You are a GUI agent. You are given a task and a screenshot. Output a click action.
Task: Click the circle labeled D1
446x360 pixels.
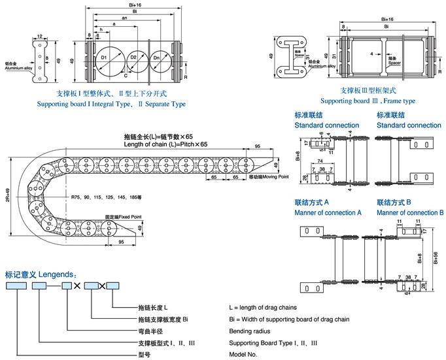(105, 59)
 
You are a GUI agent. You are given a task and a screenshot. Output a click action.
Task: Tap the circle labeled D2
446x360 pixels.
(133, 59)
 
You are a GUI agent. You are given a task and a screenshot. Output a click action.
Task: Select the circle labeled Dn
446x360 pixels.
(158, 59)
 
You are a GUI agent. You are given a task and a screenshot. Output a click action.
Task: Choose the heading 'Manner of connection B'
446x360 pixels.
(410, 213)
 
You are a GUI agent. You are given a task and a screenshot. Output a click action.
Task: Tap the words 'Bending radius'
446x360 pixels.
(249, 331)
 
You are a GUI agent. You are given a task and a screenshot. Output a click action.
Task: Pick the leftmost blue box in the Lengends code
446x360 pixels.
(16, 286)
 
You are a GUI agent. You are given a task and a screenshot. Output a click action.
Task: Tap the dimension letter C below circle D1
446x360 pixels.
(126, 76)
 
